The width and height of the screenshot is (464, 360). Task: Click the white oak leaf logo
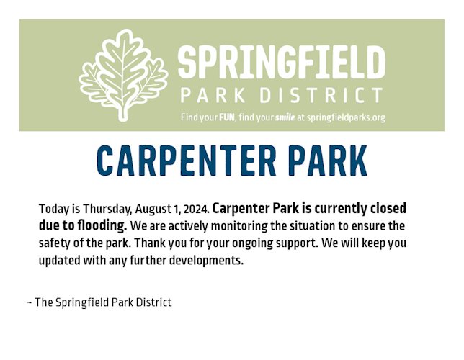(x=123, y=75)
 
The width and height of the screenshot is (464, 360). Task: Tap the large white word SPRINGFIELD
(x=282, y=63)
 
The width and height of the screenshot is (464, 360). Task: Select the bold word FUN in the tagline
(x=227, y=117)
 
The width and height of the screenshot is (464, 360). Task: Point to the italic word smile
(x=285, y=117)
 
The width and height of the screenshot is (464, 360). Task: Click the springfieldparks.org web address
(x=347, y=118)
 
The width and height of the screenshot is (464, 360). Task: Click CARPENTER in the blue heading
(x=187, y=161)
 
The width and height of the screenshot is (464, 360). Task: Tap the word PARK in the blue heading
(x=328, y=161)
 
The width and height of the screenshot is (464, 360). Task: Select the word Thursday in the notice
(x=107, y=209)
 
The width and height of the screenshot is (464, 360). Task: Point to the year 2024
(x=196, y=209)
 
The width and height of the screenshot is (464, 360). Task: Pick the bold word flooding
(x=102, y=225)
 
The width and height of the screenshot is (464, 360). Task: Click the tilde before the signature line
(x=30, y=302)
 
